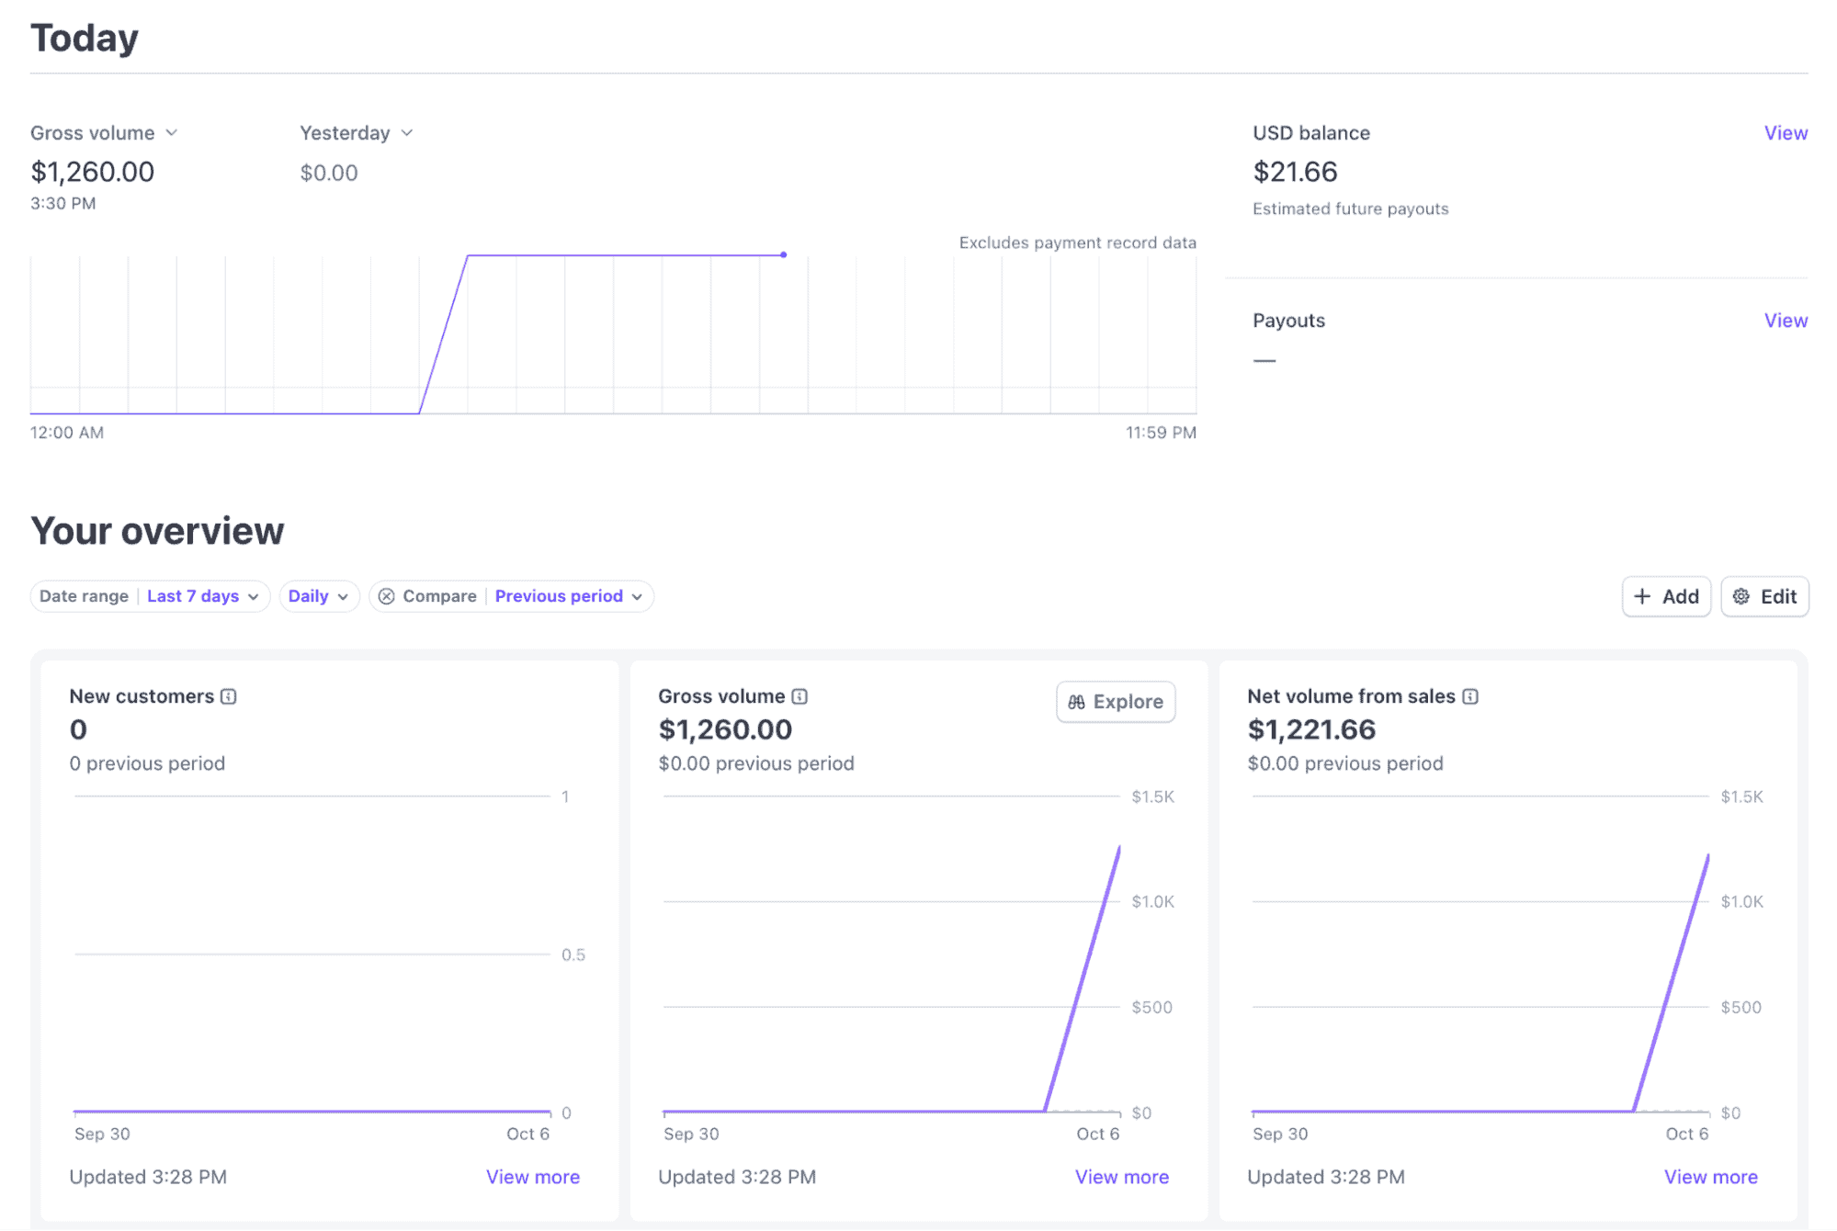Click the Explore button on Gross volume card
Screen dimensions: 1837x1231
pos(1115,702)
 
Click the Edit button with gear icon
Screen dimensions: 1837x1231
pos(1764,597)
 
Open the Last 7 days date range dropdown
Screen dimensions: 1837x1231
pos(202,596)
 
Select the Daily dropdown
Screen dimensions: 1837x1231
pos(318,596)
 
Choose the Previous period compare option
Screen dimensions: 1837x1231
pos(568,596)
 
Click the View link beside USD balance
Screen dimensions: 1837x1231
pos(1786,133)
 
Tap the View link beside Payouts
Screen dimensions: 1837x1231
pos(1786,321)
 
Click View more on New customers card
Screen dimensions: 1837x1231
pos(533,1177)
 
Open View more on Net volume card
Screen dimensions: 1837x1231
pos(1711,1177)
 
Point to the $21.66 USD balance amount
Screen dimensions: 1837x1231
pos(1295,172)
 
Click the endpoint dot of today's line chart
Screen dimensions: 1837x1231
pos(783,254)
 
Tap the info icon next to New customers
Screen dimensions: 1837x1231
pos(229,696)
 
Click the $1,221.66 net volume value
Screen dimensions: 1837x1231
pos(1311,729)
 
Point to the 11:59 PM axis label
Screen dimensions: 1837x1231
pos(1161,433)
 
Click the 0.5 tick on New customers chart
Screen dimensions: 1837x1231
pos(573,954)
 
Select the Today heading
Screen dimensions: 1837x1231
pos(85,39)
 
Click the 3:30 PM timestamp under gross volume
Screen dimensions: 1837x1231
pos(63,204)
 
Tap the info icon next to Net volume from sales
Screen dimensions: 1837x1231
pos(1470,696)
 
